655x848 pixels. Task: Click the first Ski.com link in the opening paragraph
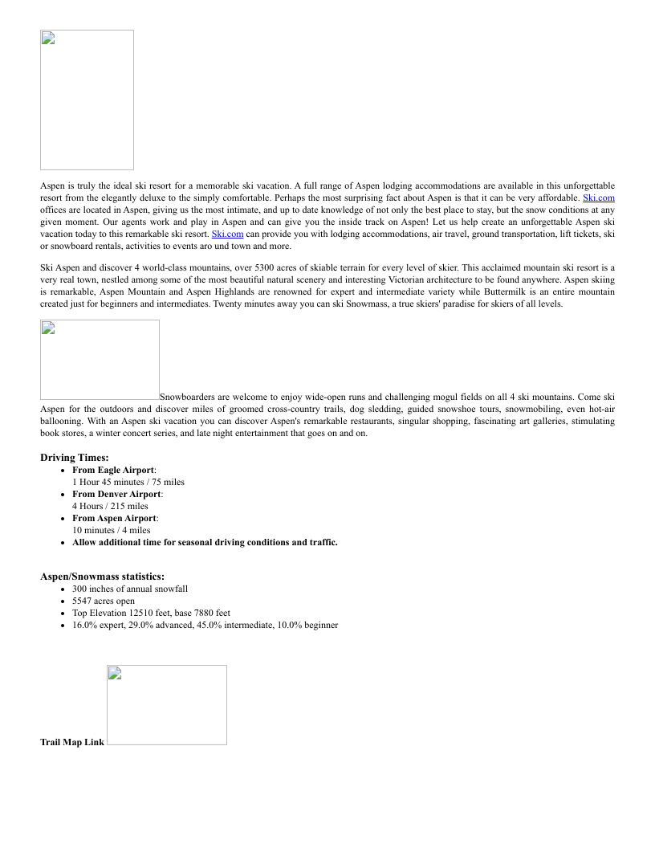pyautogui.click(x=598, y=198)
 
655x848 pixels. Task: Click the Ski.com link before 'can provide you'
pyautogui.click(x=227, y=234)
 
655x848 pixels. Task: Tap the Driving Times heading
pyautogui.click(x=75, y=458)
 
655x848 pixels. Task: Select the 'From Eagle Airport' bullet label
pyautogui.click(x=113, y=470)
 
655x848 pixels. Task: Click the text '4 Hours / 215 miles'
pyautogui.click(x=110, y=506)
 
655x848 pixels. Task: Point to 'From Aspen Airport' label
pyautogui.click(x=114, y=518)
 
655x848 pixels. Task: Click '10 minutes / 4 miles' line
pyautogui.click(x=111, y=530)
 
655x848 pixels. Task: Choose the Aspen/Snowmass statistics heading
pyautogui.click(x=103, y=577)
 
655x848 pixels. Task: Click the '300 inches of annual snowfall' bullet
pyautogui.click(x=130, y=589)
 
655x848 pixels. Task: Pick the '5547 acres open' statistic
pyautogui.click(x=104, y=601)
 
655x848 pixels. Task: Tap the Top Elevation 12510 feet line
pyautogui.click(x=151, y=613)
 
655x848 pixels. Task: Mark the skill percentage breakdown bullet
pyautogui.click(x=205, y=625)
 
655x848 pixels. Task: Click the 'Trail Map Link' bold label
pyautogui.click(x=72, y=742)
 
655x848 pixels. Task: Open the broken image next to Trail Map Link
pyautogui.click(x=167, y=705)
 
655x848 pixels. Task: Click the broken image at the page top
pyautogui.click(x=87, y=100)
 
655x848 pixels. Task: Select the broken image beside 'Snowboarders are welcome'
pyautogui.click(x=100, y=360)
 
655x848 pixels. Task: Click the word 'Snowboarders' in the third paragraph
pyautogui.click(x=187, y=397)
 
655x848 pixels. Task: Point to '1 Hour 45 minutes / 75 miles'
pyautogui.click(x=128, y=482)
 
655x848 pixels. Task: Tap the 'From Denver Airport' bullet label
pyautogui.click(x=116, y=494)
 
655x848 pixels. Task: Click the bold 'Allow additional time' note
pyautogui.click(x=205, y=542)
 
